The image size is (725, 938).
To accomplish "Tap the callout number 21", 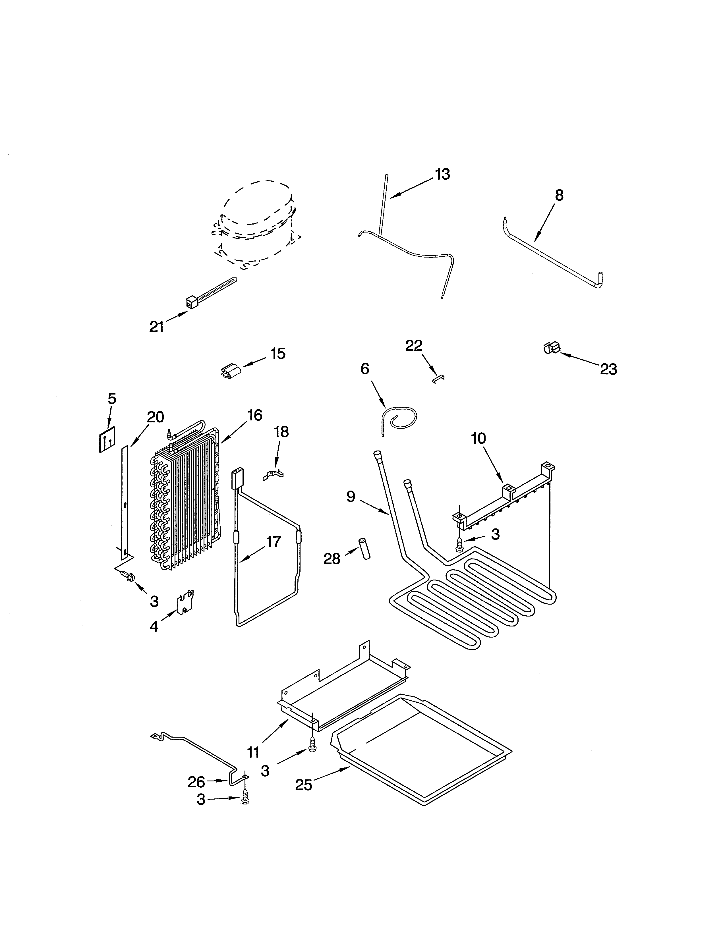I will (x=156, y=327).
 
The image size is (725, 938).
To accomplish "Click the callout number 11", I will (x=253, y=752).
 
